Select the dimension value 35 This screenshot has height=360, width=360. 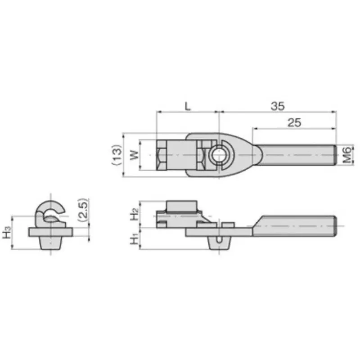(278, 106)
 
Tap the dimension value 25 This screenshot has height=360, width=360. (293, 122)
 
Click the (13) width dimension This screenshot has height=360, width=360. (117, 155)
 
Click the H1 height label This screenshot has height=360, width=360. (134, 238)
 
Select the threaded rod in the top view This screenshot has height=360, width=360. (297, 155)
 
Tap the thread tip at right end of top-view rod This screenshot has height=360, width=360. (335, 155)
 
